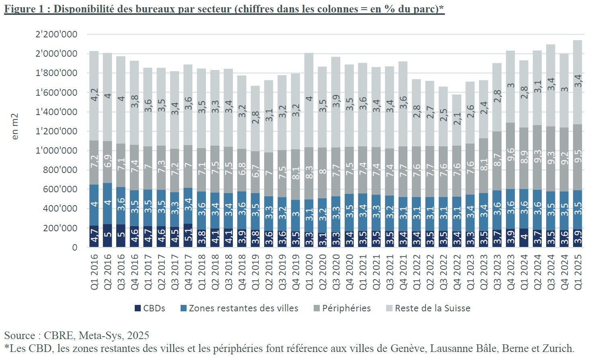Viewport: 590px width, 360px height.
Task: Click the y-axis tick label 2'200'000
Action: [56, 34]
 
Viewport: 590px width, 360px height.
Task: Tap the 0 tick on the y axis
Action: [74, 247]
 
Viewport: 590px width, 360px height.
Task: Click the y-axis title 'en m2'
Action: [15, 127]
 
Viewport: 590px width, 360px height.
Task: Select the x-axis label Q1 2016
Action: [94, 272]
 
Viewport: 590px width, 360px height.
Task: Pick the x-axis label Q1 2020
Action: [309, 272]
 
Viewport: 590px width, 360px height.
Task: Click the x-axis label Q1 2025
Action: [578, 272]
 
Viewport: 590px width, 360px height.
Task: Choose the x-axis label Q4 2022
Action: [456, 272]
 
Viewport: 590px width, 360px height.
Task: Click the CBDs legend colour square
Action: [138, 309]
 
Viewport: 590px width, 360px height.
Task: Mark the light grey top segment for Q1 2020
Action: [309, 100]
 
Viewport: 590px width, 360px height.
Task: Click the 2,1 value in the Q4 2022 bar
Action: [457, 118]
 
